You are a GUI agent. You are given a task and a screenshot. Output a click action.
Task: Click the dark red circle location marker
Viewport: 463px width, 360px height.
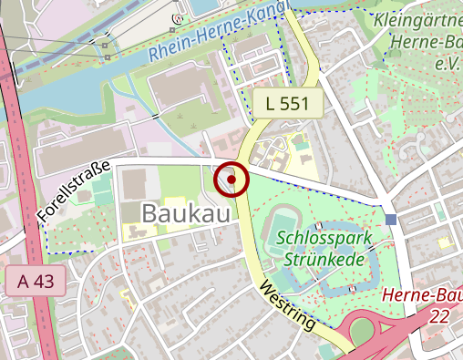(231, 180)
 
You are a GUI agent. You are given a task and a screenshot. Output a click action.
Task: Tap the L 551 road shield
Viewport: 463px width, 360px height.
(288, 104)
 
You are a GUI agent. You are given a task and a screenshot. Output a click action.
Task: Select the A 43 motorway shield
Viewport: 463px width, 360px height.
(36, 282)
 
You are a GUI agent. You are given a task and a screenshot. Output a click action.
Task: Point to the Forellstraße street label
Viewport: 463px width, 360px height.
(74, 192)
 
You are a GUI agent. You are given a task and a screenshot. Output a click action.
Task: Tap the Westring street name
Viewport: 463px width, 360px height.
(287, 305)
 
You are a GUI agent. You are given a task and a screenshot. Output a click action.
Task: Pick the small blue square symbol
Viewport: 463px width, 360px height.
(391, 219)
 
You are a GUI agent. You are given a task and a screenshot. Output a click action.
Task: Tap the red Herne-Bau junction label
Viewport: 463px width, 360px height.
(421, 295)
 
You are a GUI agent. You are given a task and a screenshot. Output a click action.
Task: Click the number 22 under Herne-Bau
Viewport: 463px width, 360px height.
(441, 314)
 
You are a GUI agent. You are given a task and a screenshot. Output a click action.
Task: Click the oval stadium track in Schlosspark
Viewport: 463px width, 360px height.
(283, 226)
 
